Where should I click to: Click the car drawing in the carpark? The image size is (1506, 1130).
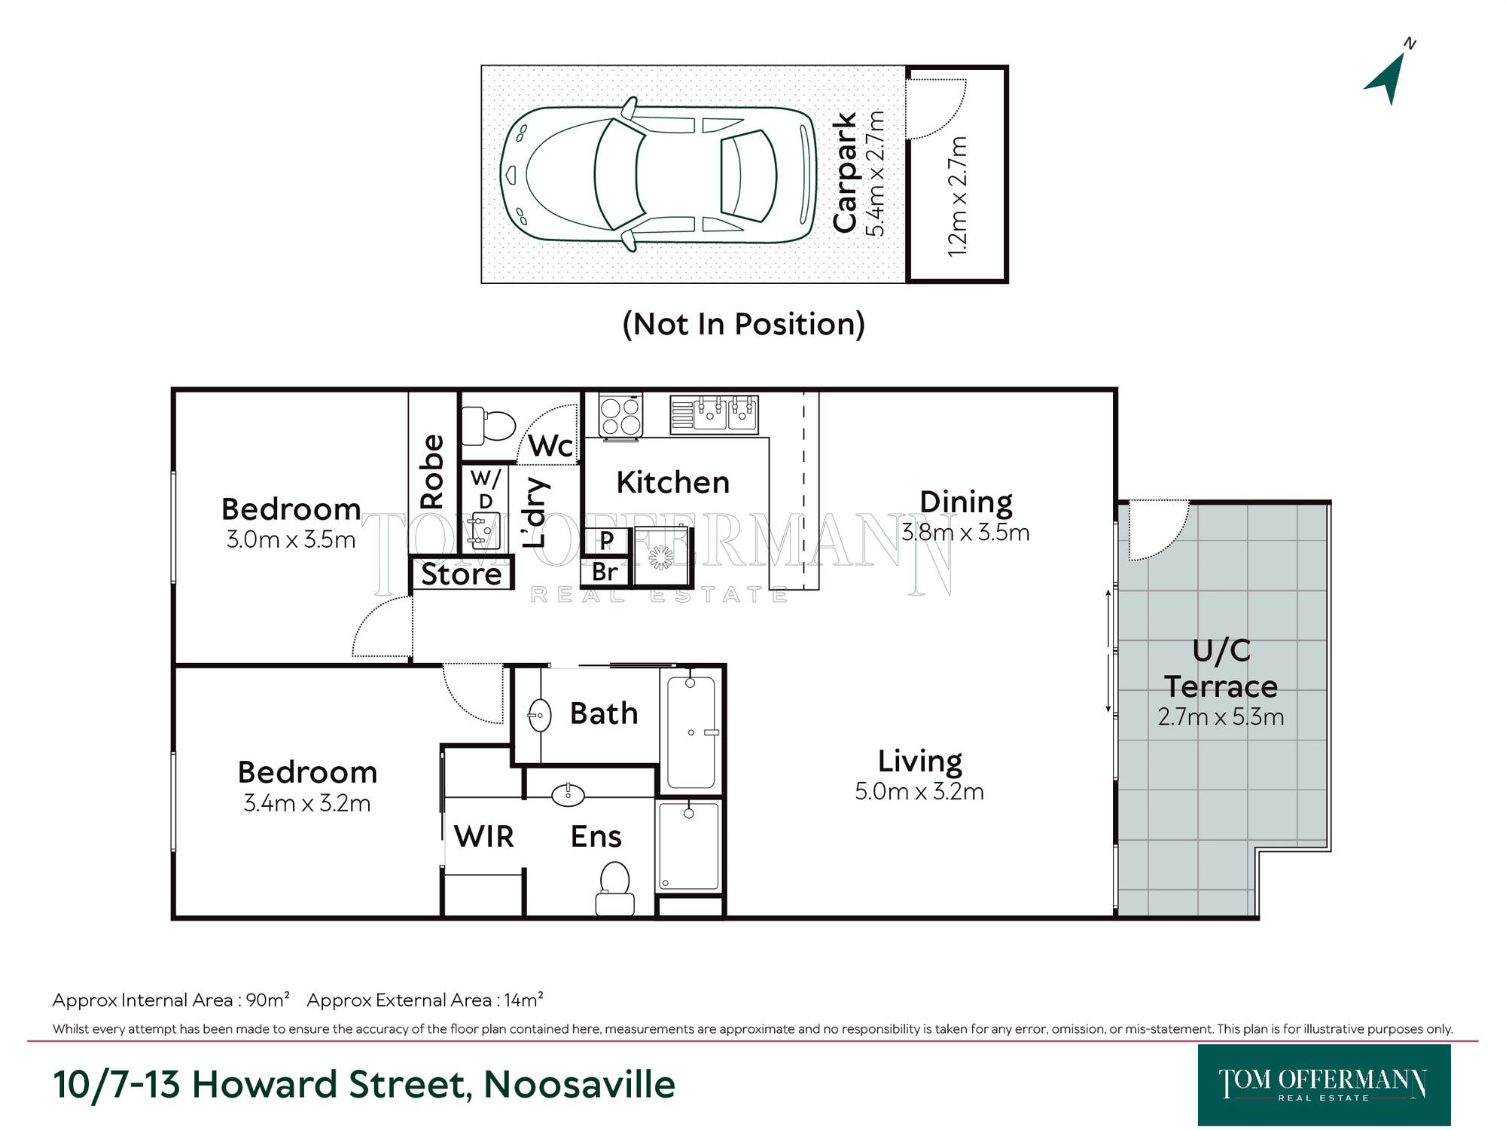(658, 174)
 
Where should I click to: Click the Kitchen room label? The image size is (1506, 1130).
(673, 482)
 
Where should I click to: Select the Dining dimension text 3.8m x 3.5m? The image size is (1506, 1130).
(965, 533)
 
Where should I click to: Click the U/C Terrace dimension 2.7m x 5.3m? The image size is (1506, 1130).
(1221, 716)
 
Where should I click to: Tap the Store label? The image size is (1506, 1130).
(462, 574)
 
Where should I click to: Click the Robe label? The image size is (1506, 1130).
(432, 472)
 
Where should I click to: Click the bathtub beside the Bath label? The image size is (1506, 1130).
(691, 731)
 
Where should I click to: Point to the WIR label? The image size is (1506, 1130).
(483, 836)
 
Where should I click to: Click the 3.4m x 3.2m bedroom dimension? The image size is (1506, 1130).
(307, 803)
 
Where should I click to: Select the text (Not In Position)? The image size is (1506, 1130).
(743, 324)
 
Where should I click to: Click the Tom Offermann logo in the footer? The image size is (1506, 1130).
(1324, 1085)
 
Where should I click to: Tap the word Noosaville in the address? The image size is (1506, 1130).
(579, 1084)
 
